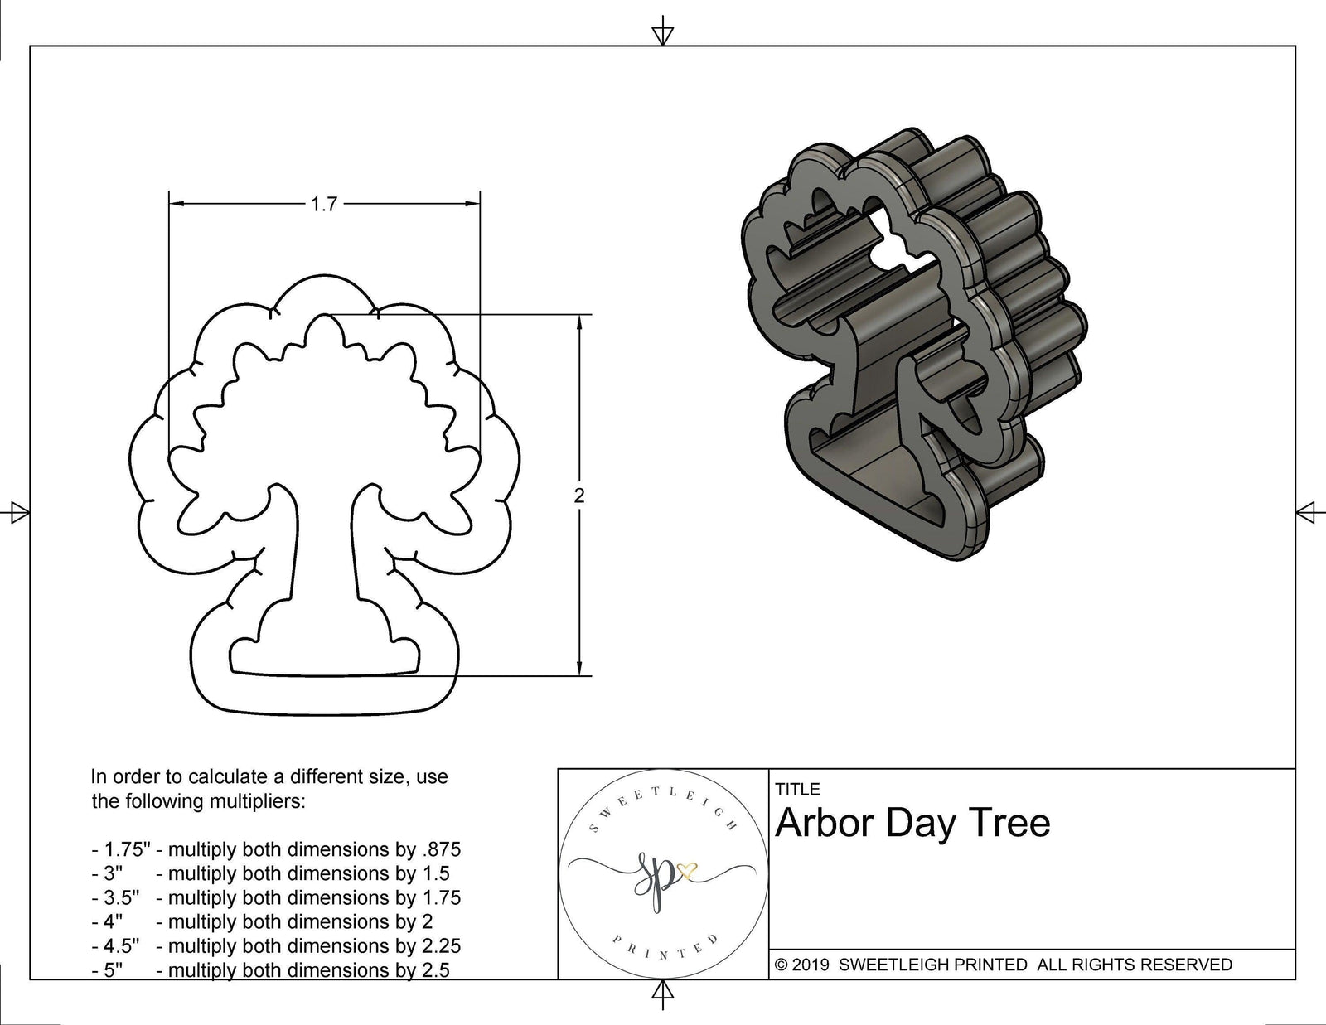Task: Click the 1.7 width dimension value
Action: coord(323,204)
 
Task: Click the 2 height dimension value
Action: coord(578,496)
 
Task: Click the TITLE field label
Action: coord(797,790)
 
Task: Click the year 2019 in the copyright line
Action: coord(813,965)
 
